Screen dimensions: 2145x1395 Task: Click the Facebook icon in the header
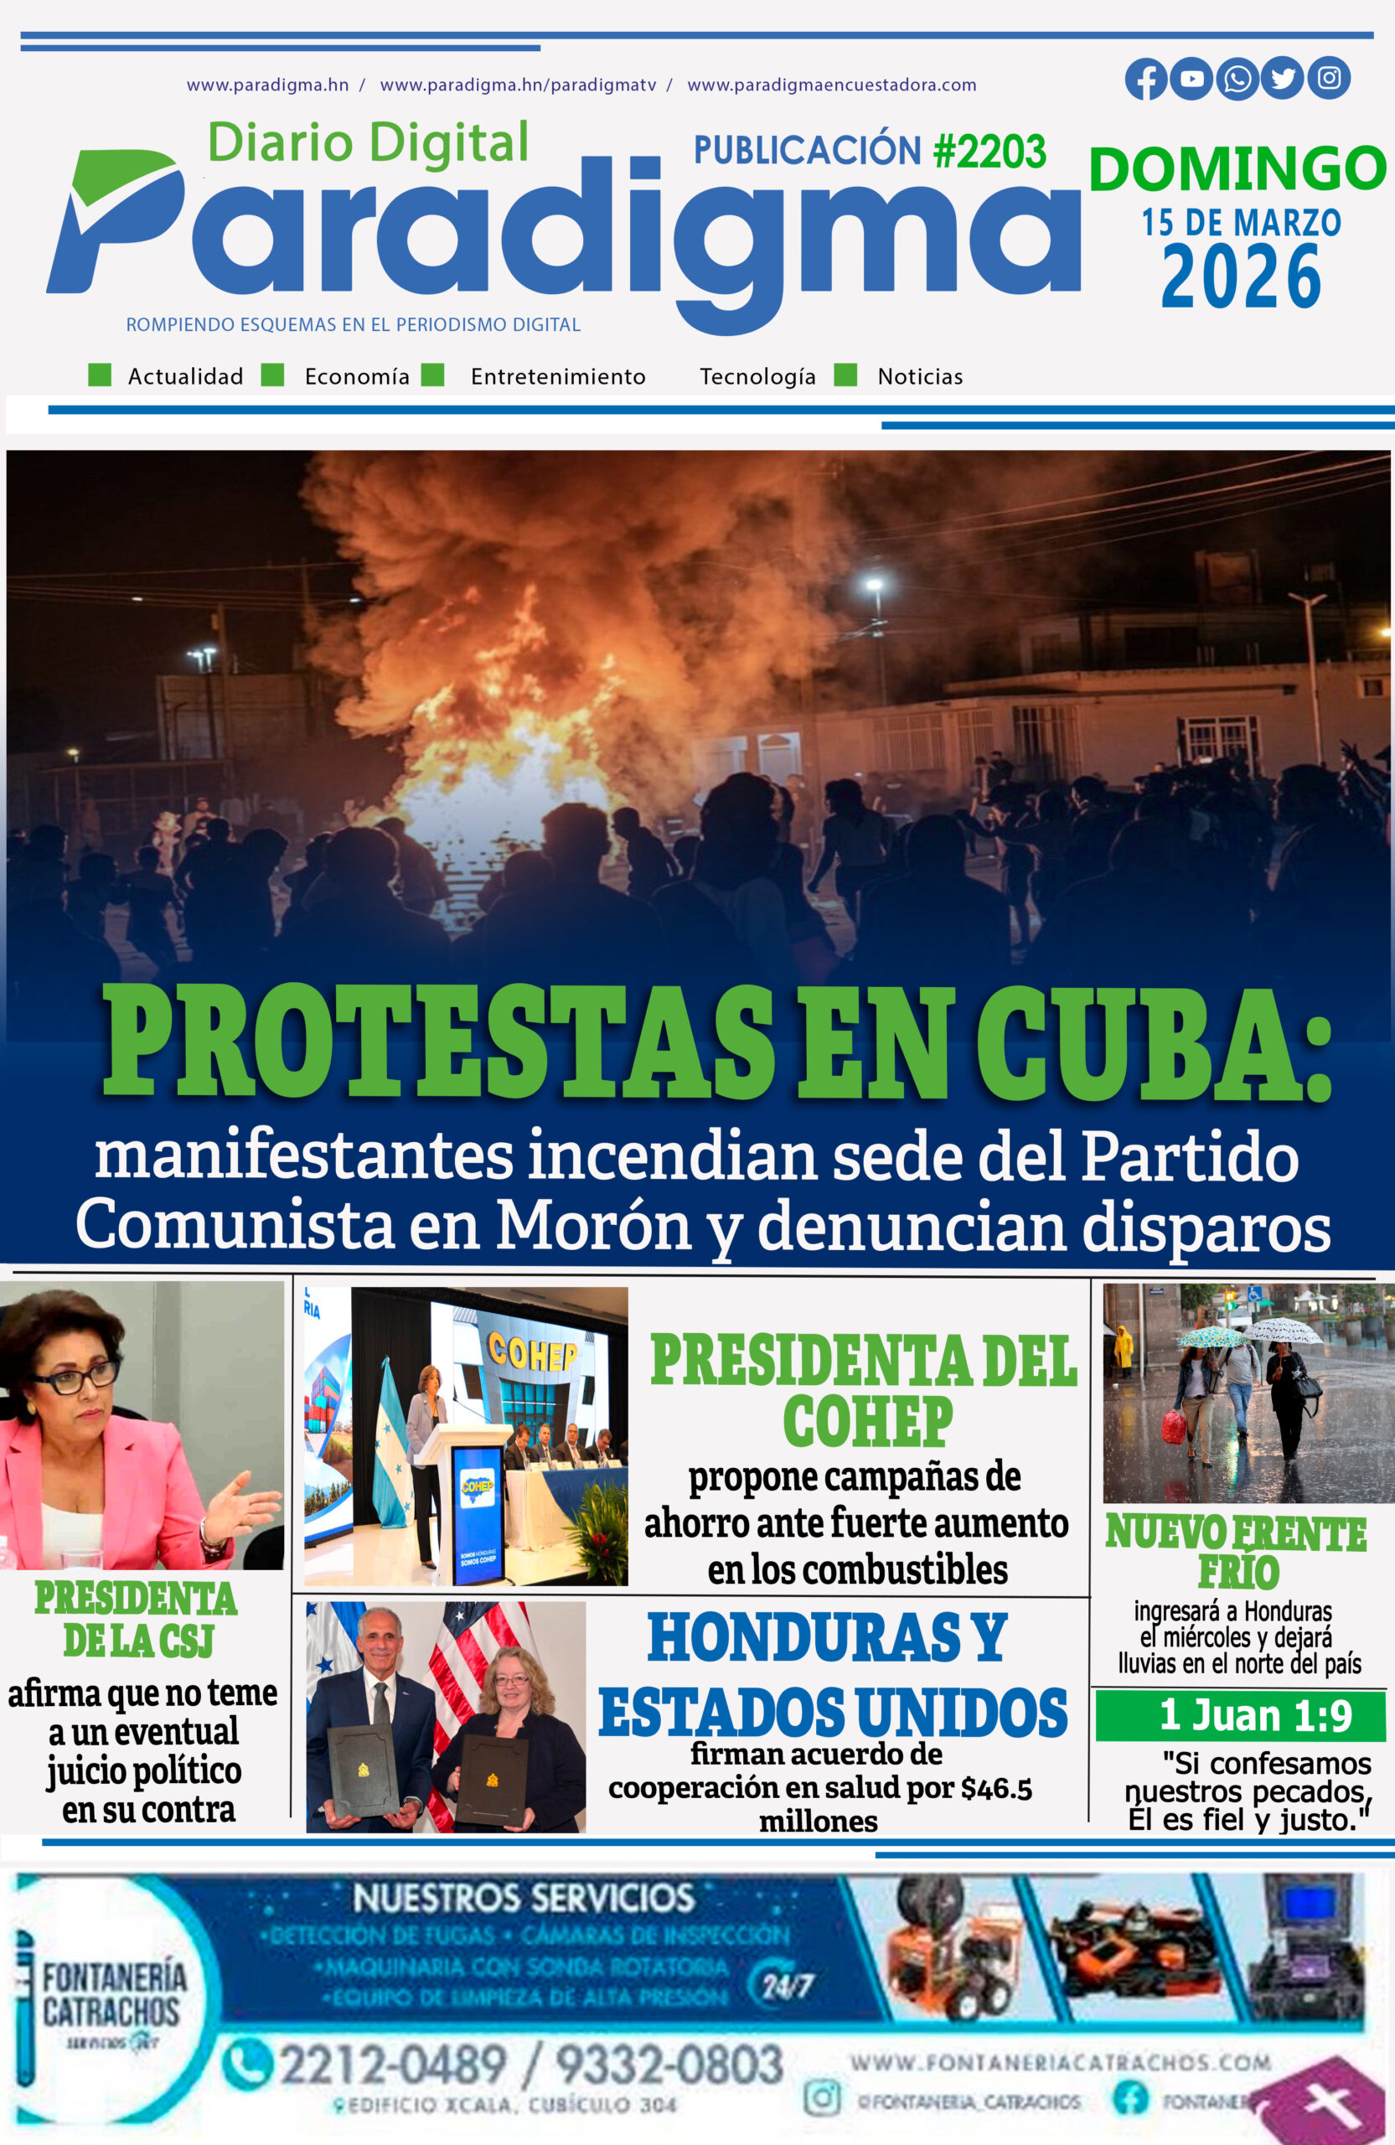1145,80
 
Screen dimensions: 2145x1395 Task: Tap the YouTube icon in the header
1191,80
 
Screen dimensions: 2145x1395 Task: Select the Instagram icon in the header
1328,79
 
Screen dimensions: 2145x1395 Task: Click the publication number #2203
989,152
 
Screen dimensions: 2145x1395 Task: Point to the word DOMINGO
1237,168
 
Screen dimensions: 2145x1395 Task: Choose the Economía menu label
357,376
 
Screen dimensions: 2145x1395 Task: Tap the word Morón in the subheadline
593,1225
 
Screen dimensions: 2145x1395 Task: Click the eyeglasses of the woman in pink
76,1376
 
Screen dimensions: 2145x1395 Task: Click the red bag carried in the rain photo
1173,1427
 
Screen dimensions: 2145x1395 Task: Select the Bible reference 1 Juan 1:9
1255,1715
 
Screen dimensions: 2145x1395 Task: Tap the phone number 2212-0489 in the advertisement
392,2064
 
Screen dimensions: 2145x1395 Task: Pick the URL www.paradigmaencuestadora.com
831,85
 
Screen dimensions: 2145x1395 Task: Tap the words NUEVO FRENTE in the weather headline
1236,1534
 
